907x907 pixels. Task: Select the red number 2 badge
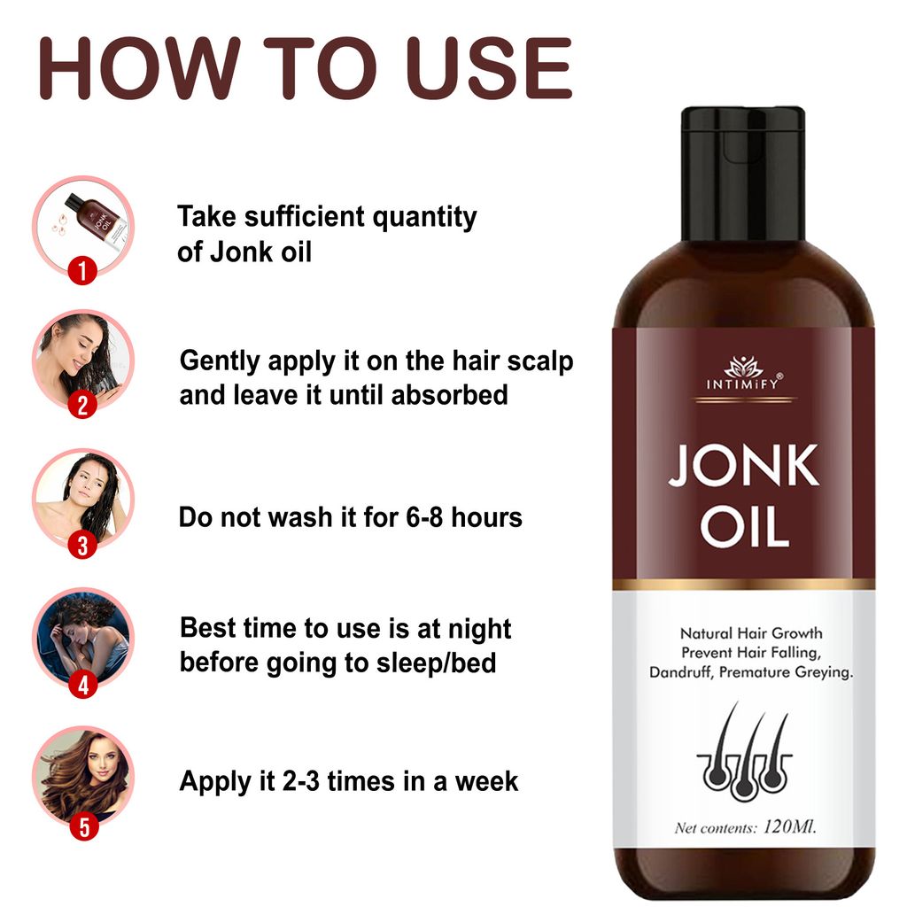click(x=82, y=405)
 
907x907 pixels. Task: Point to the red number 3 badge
click(x=82, y=545)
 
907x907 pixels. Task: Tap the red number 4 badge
click(x=82, y=685)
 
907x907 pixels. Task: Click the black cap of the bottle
click(x=742, y=173)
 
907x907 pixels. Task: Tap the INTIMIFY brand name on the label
click(x=742, y=384)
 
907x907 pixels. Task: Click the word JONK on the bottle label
click(x=742, y=468)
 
